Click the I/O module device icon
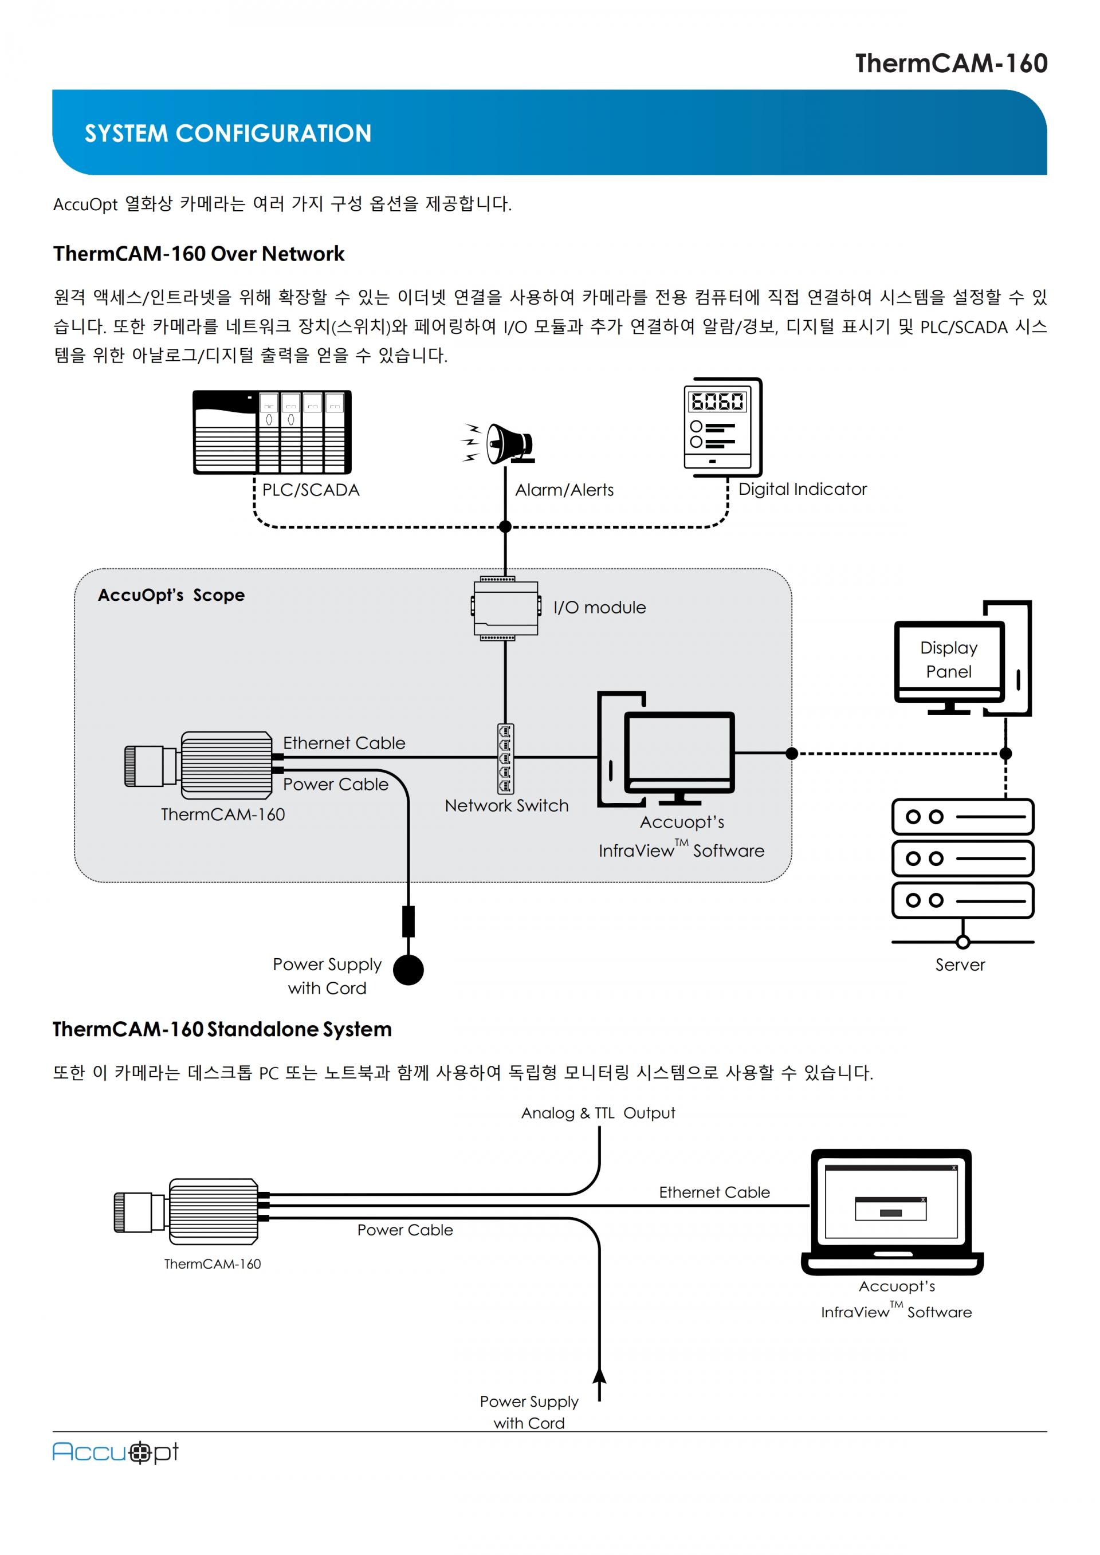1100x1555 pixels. pyautogui.click(x=505, y=608)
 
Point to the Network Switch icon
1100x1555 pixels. pyautogui.click(x=505, y=758)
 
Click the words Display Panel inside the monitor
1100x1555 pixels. pyautogui.click(x=948, y=660)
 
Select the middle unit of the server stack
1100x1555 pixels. pyautogui.click(x=962, y=858)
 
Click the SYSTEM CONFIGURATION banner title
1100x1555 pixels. pyautogui.click(x=227, y=133)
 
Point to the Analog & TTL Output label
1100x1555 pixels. pyautogui.click(x=598, y=1113)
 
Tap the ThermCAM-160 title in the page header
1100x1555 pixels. pyautogui.click(x=951, y=64)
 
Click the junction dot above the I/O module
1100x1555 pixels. pyautogui.click(x=505, y=526)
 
